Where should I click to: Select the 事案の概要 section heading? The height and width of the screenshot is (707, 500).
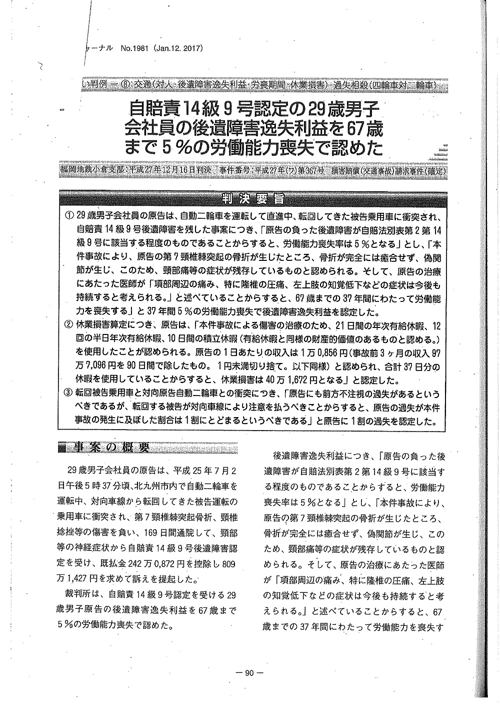[112, 447]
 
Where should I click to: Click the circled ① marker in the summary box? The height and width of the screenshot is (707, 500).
[69, 216]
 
